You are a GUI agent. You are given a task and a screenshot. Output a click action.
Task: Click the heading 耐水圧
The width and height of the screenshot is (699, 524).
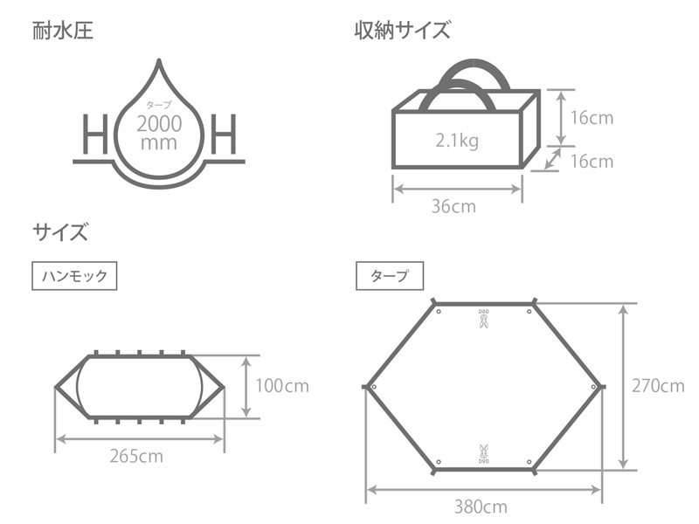pos(63,33)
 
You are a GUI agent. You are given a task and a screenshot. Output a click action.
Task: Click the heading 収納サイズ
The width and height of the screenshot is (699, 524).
pos(402,33)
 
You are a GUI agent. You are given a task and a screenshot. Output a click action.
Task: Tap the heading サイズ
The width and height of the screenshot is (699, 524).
pos(60,232)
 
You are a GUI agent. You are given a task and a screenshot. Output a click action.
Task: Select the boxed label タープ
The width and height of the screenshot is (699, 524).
pos(390,276)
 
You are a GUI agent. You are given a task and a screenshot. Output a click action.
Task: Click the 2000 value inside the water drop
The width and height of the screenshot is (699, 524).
pos(160,123)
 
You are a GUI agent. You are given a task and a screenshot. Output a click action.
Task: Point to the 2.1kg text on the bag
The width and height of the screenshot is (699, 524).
pos(456,141)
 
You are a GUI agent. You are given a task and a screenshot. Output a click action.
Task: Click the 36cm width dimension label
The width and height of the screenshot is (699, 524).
pos(455,207)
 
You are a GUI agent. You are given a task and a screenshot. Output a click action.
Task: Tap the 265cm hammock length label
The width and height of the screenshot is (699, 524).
pos(137,455)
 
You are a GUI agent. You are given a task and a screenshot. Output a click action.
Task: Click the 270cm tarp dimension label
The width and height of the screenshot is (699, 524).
pos(659,385)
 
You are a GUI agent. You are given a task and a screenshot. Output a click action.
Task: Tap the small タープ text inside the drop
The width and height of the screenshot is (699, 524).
pos(159,106)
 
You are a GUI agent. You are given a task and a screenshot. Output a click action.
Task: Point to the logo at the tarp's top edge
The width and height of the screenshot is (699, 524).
pos(483,318)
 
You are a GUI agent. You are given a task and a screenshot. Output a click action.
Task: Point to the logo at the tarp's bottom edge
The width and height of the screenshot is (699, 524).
pos(483,452)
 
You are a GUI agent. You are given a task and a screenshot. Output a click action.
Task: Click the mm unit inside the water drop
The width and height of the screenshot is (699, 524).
pos(160,142)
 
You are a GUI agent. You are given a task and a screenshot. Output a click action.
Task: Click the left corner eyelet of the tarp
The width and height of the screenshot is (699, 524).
pos(373,386)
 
